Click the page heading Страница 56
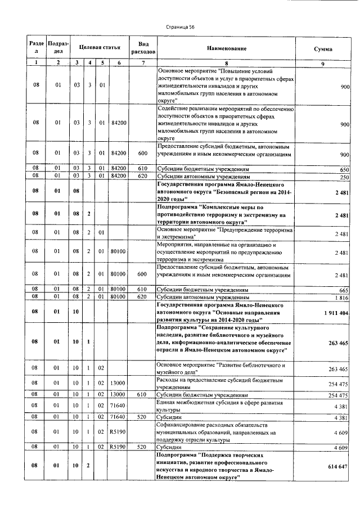point(180,26)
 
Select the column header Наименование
point(226,49)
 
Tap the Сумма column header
point(322,49)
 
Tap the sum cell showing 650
point(344,169)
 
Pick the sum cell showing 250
point(344,177)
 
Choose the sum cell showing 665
point(344,289)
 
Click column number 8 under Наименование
point(226,63)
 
